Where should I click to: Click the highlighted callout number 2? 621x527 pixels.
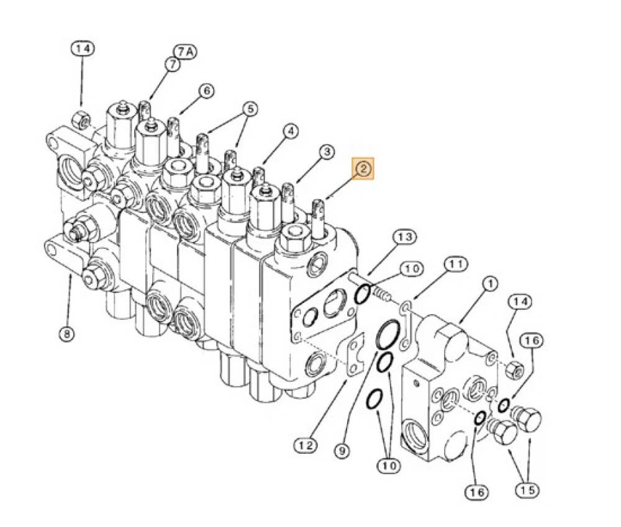tap(363, 169)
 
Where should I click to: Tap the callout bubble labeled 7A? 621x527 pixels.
tap(186, 52)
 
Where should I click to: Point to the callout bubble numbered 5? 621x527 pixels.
tap(250, 109)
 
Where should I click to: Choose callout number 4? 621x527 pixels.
tap(291, 132)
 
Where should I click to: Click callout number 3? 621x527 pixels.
tap(327, 153)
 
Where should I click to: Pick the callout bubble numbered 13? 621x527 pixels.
tap(405, 237)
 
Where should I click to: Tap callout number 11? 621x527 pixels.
tap(455, 264)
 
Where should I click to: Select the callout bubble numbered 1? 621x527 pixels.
tap(490, 284)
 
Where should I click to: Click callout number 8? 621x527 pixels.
tap(66, 334)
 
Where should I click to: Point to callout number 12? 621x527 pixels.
tap(306, 446)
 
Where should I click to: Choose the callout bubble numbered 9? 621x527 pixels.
tap(342, 450)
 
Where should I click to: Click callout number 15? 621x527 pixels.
tap(527, 490)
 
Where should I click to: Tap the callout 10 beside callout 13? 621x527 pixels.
tap(412, 269)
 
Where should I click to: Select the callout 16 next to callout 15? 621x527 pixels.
tap(476, 492)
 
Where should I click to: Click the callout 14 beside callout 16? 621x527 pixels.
tap(520, 302)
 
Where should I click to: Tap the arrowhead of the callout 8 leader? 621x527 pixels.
tap(71, 276)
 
